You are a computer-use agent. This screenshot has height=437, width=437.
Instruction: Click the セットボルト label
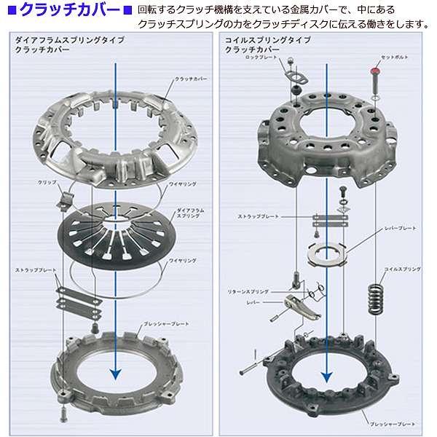[396, 58]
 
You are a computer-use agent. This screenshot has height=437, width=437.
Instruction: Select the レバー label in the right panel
[253, 301]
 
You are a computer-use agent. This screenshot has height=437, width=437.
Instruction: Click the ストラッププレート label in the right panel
[258, 217]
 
